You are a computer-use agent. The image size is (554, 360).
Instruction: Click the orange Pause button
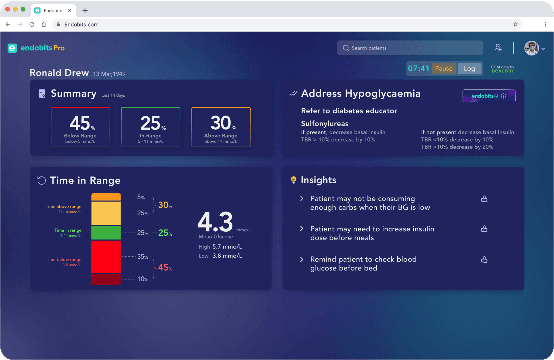pyautogui.click(x=444, y=68)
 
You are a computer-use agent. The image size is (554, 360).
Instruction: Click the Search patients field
pyautogui.click(x=410, y=48)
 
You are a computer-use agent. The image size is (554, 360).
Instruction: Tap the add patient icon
pyautogui.click(x=498, y=48)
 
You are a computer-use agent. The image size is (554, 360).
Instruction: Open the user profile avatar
pyautogui.click(x=532, y=48)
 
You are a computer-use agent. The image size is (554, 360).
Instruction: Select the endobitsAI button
pyautogui.click(x=489, y=96)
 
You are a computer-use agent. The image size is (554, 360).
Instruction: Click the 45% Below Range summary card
pyautogui.click(x=80, y=127)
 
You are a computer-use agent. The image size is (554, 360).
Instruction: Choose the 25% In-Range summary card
pyautogui.click(x=151, y=127)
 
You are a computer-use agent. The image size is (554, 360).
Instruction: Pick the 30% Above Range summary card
pyautogui.click(x=221, y=127)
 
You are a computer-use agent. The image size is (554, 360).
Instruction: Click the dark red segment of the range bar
pyautogui.click(x=106, y=279)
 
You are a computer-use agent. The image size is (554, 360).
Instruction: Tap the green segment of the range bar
pyautogui.click(x=106, y=233)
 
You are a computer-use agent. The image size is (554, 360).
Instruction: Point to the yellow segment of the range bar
pyautogui.click(x=106, y=213)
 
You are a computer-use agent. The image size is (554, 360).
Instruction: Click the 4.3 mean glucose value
pyautogui.click(x=215, y=222)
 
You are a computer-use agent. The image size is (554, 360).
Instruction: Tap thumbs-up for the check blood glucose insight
pyautogui.click(x=484, y=260)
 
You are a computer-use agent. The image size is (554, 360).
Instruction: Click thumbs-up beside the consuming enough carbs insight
pyautogui.click(x=484, y=199)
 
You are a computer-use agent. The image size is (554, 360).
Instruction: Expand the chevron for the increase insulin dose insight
pyautogui.click(x=302, y=228)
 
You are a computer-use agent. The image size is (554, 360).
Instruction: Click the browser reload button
pyautogui.click(x=32, y=24)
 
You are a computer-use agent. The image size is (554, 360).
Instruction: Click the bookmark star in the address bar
pyautogui.click(x=515, y=24)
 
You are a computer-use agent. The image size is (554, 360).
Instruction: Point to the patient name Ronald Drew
pyautogui.click(x=59, y=73)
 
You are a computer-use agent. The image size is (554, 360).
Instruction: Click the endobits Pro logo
pyautogui.click(x=36, y=48)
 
